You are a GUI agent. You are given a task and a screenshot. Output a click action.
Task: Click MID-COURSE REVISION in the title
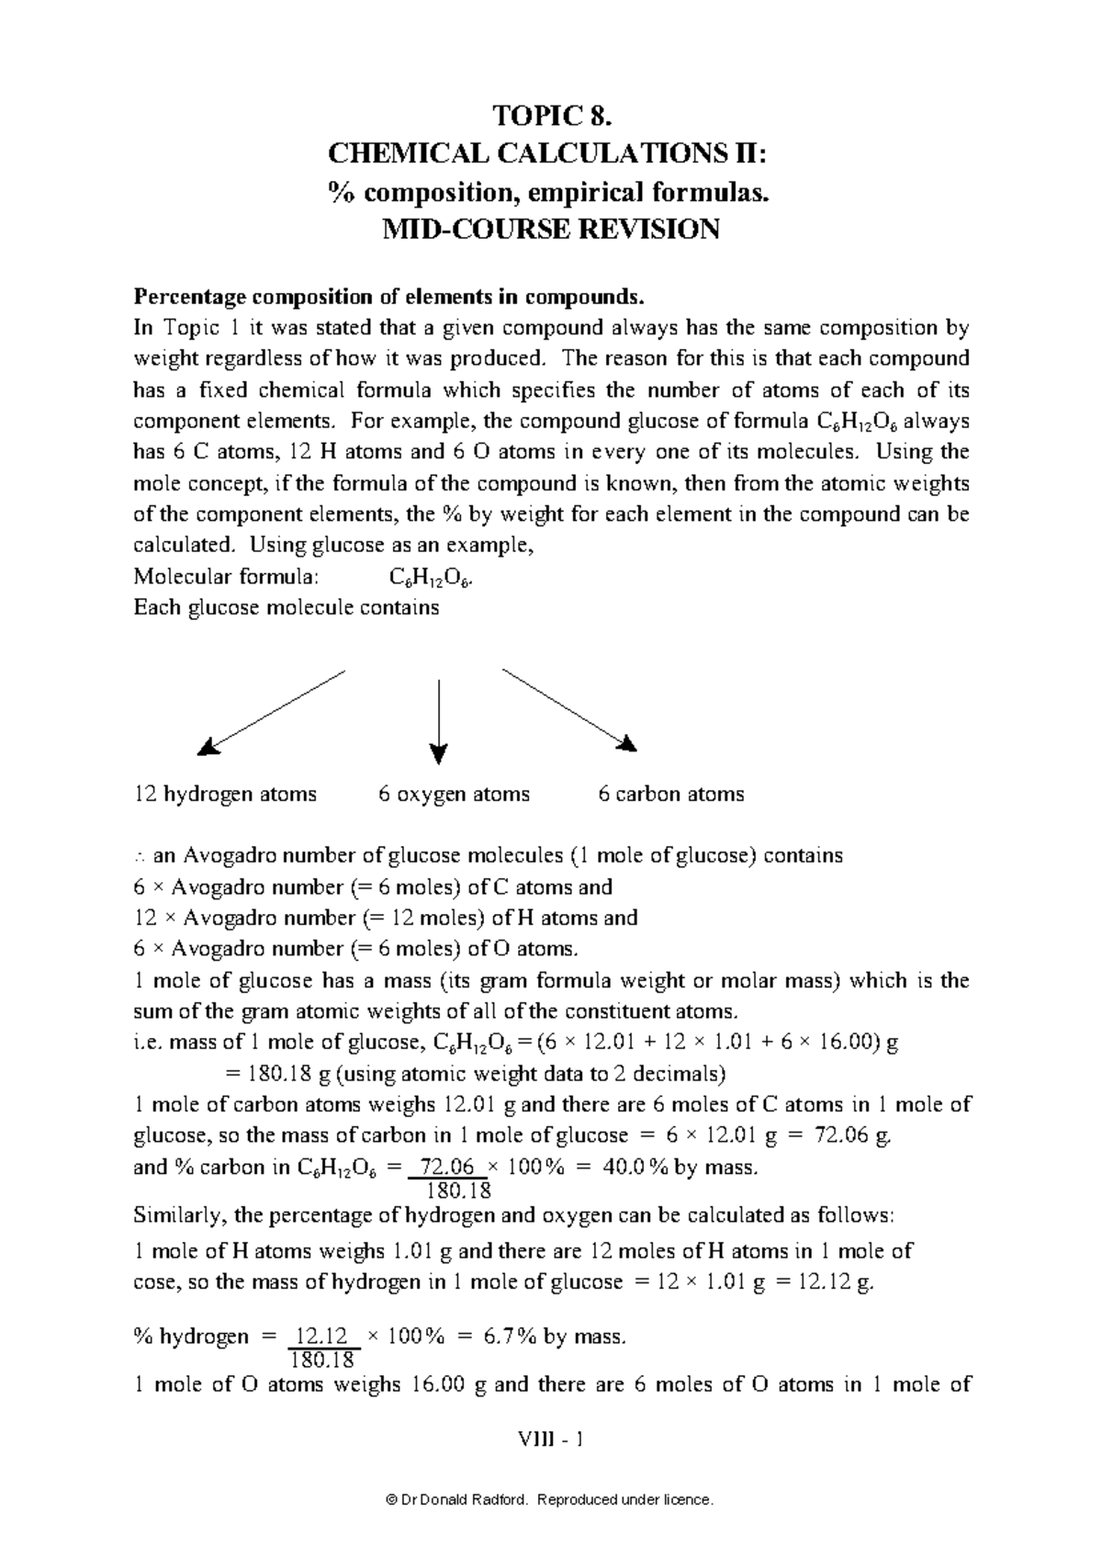coord(551,229)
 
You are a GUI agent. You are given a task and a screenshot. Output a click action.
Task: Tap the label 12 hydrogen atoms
coord(225,794)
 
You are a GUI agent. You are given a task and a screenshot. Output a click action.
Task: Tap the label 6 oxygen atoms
coord(454,794)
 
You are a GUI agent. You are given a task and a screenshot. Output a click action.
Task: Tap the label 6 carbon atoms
coord(670,794)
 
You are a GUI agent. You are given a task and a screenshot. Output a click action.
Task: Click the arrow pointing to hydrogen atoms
coord(272,712)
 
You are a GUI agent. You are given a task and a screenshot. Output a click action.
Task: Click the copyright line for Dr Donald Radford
coord(551,1500)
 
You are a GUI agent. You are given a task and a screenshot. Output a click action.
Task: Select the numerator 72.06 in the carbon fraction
coord(445,1167)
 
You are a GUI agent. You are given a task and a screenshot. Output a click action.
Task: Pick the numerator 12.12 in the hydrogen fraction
coord(323,1337)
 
